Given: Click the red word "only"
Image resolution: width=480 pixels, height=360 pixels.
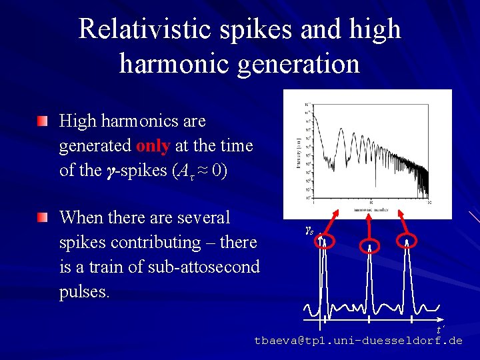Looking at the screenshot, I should coord(153,145).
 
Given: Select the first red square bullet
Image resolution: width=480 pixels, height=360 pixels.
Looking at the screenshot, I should coord(43,122).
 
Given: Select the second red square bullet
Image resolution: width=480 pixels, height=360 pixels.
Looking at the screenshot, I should coord(43,218).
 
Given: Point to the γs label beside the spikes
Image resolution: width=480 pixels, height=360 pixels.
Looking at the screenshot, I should coord(309,231).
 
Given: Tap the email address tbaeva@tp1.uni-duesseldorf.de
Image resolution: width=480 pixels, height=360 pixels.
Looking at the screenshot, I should coord(358,341).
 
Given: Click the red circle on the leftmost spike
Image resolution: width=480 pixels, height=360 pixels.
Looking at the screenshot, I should coord(324,240).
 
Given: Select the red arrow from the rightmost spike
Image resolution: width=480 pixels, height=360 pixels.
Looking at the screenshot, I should coord(402,216).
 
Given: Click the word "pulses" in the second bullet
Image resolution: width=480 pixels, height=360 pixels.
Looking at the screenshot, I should coord(83,293).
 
